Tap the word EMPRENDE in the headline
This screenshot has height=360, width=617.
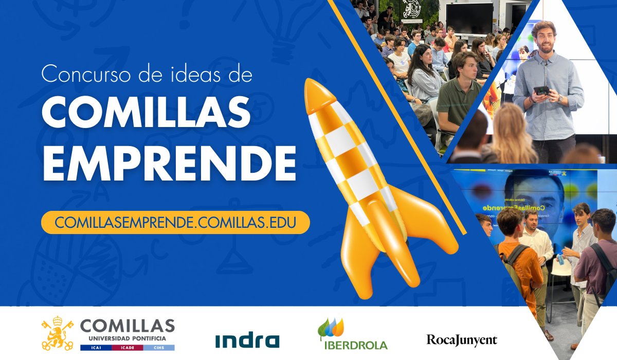tap(169, 164)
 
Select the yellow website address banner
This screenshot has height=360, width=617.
tap(175, 222)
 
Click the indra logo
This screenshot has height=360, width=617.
tap(247, 340)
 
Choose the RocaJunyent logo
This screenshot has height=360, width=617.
tap(462, 340)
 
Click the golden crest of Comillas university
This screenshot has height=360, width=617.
tap(57, 333)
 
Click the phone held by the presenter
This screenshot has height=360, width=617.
tap(541, 91)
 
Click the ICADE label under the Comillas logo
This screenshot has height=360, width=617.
tap(127, 348)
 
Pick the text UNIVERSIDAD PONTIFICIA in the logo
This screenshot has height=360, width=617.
tap(127, 338)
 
